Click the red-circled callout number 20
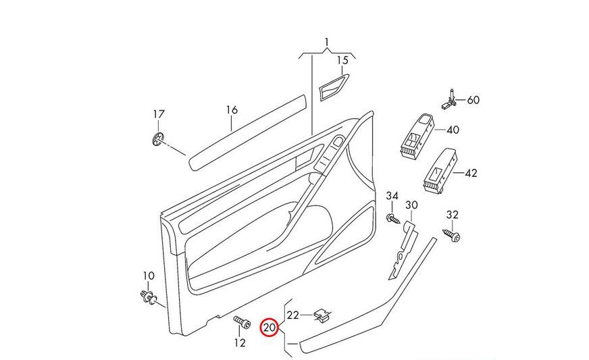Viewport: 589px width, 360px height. click(x=270, y=328)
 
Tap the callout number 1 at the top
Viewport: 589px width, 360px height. click(x=327, y=43)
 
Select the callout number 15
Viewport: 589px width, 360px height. click(x=342, y=60)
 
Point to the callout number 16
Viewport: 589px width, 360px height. click(x=232, y=110)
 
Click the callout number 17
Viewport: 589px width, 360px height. click(x=158, y=114)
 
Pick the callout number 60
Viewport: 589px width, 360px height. click(x=473, y=100)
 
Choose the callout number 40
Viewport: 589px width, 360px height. click(x=453, y=130)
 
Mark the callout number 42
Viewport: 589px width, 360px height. click(x=470, y=173)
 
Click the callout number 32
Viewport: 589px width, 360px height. click(x=453, y=215)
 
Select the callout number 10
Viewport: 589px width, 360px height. click(x=148, y=276)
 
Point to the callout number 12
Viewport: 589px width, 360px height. click(x=240, y=342)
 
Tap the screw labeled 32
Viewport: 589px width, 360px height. click(x=453, y=234)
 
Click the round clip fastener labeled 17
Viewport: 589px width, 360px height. click(x=158, y=140)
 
